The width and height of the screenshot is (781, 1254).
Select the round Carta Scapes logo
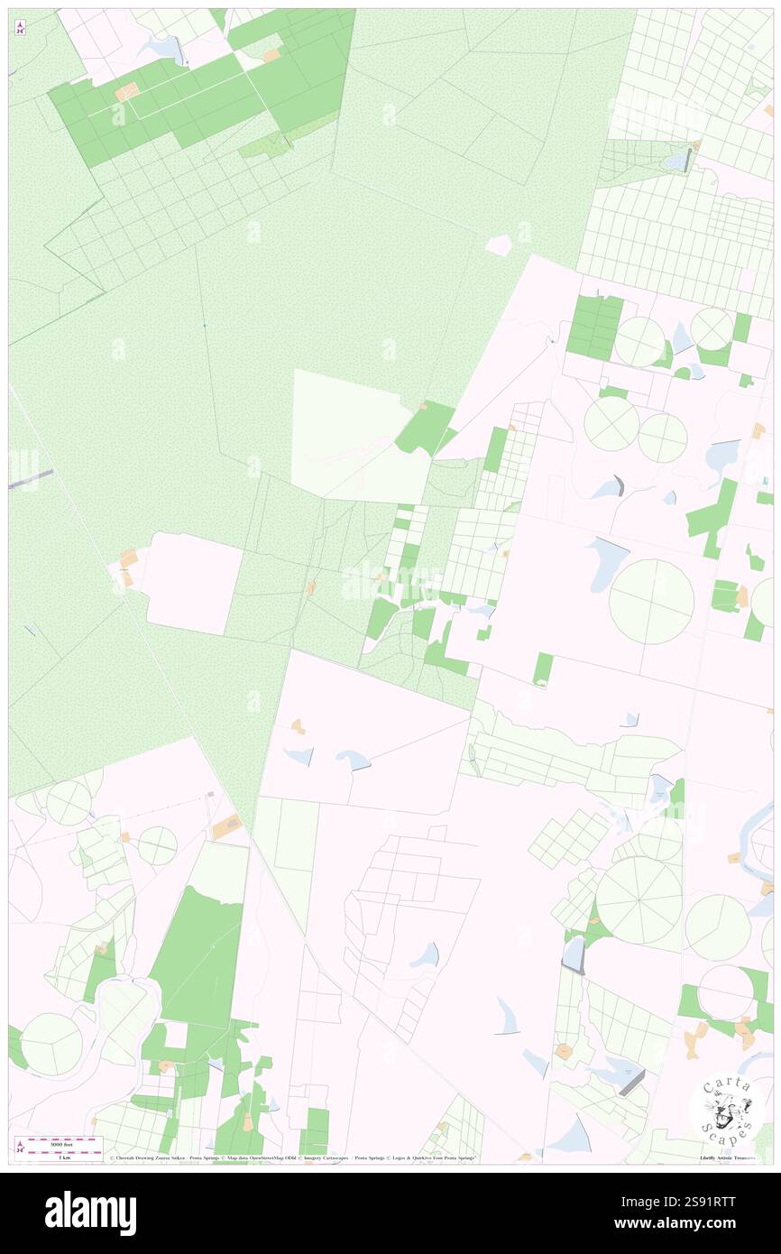pyautogui.click(x=728, y=1107)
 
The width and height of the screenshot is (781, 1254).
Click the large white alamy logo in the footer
pyautogui.click(x=90, y=1213)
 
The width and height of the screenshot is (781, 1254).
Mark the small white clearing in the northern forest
pyautogui.click(x=498, y=244)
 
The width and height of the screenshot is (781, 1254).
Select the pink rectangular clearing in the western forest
pyautogui.click(x=195, y=583)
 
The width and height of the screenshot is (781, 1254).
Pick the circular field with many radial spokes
pyautogui.click(x=639, y=899)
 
